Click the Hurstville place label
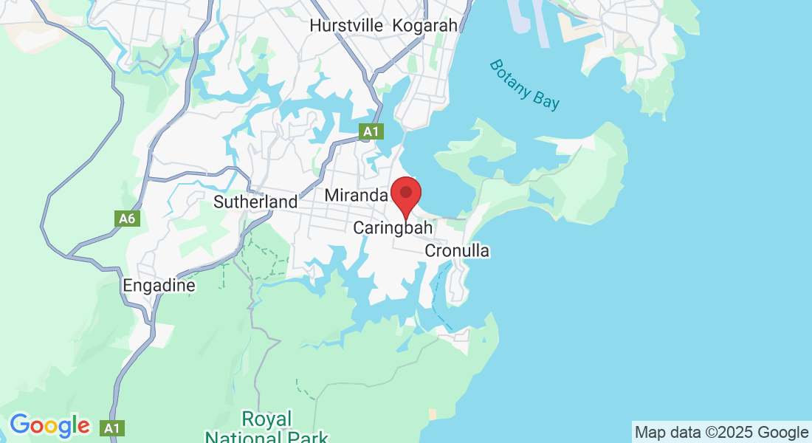tap(346, 25)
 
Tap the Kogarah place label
tap(425, 25)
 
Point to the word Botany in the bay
tap(510, 77)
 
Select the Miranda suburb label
tap(357, 196)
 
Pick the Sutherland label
tap(255, 202)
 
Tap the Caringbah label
tap(393, 228)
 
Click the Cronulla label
tap(457, 251)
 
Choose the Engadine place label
tap(159, 286)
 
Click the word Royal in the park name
tap(267, 419)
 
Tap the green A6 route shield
tap(127, 219)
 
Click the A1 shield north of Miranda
tap(371, 132)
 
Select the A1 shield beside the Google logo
tap(113, 427)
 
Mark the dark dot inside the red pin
tap(405, 192)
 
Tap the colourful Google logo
tap(49, 426)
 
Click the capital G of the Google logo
tap(21, 425)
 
